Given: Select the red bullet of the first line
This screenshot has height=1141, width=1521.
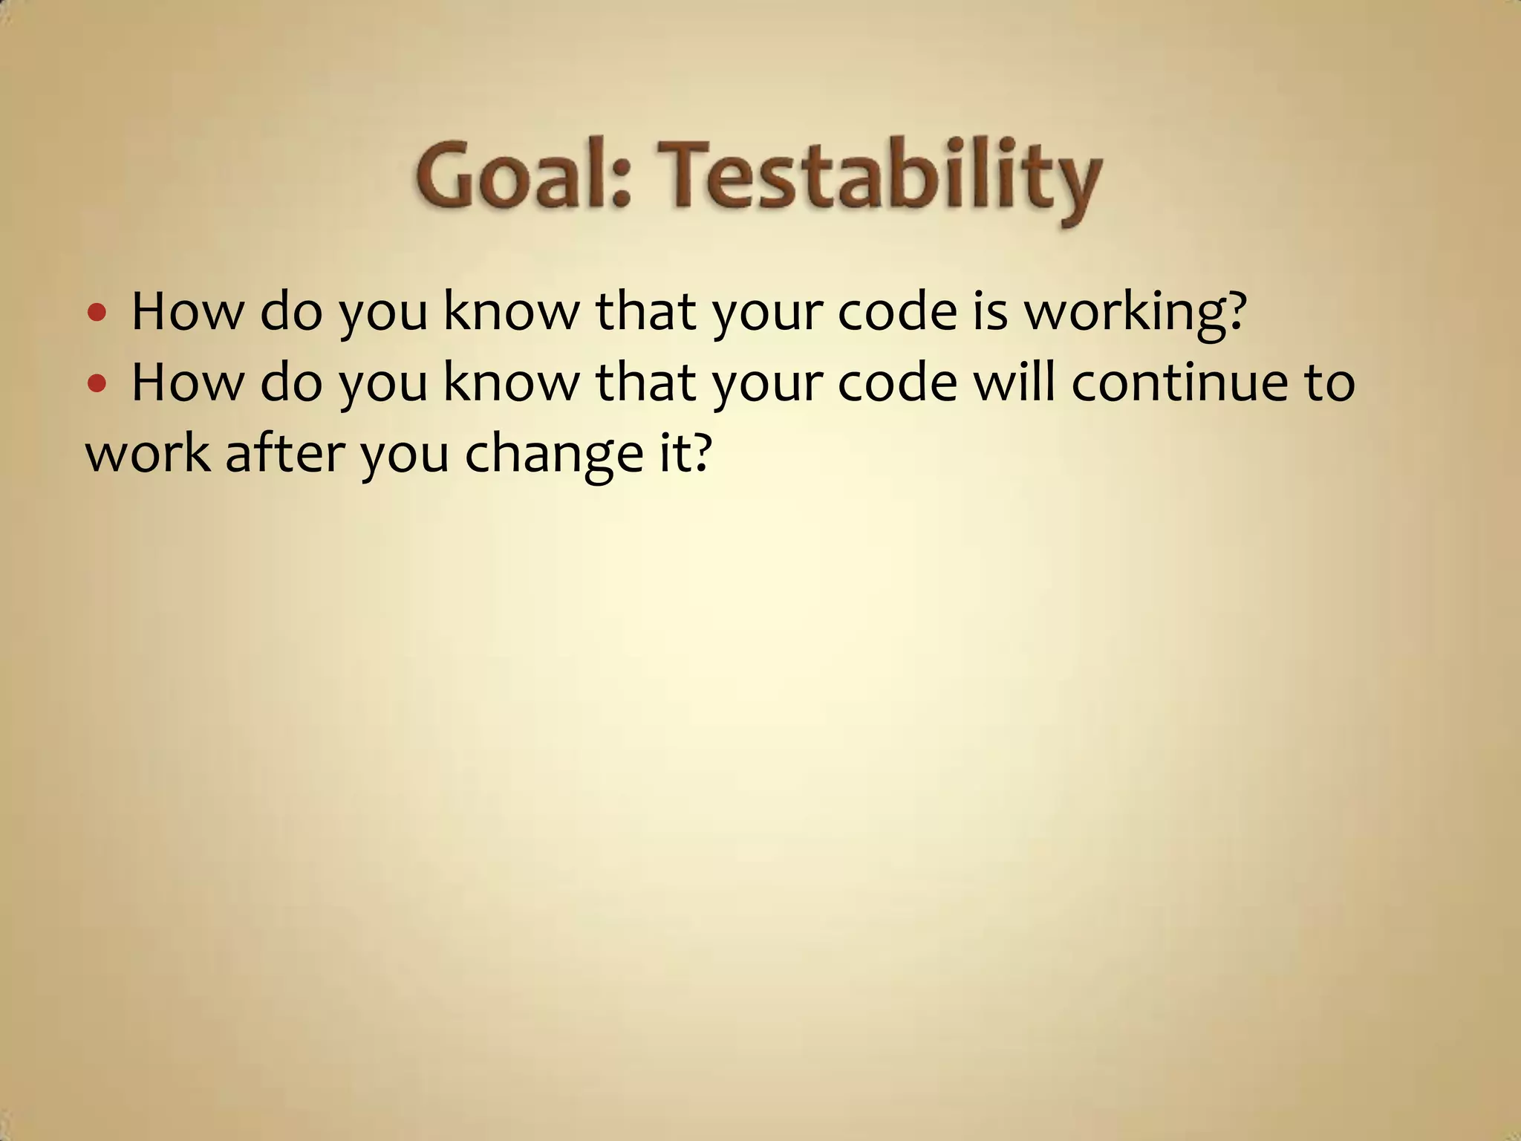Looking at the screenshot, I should tap(97, 312).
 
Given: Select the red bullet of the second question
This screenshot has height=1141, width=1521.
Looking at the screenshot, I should tap(97, 383).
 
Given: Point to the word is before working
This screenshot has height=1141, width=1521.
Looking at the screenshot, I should tap(990, 311).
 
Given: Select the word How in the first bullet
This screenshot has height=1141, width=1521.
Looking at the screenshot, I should tap(187, 312).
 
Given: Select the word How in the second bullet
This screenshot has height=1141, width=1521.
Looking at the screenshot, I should tap(187, 383).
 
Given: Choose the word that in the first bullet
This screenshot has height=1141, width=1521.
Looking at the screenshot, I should tap(645, 312).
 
